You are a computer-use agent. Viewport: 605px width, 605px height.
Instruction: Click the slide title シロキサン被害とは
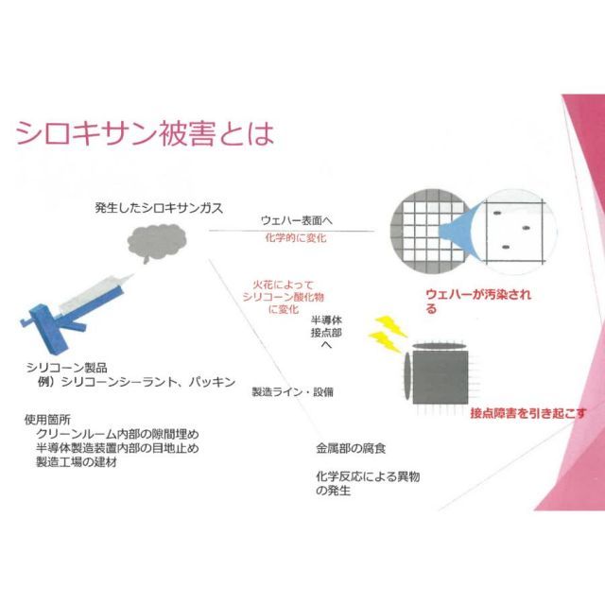pyautogui.click(x=145, y=134)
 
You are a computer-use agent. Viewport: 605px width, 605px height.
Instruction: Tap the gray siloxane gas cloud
pyautogui.click(x=157, y=243)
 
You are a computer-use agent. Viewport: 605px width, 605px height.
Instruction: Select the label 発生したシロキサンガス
pyautogui.click(x=159, y=208)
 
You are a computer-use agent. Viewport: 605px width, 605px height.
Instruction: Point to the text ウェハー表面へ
pyautogui.click(x=296, y=220)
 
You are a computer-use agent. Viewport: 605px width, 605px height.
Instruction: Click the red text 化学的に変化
pyautogui.click(x=296, y=237)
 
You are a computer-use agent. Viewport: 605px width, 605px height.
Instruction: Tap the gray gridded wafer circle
pyautogui.click(x=430, y=231)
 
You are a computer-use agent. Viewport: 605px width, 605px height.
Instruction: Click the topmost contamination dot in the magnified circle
pyautogui.click(x=497, y=213)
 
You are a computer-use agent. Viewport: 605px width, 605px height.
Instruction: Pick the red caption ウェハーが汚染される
pyautogui.click(x=478, y=301)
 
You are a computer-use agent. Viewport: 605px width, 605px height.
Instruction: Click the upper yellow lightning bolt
pyautogui.click(x=390, y=325)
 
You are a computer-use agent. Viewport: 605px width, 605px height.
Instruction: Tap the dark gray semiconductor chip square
pyautogui.click(x=441, y=377)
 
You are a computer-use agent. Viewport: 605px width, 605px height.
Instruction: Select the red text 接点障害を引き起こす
pyautogui.click(x=528, y=413)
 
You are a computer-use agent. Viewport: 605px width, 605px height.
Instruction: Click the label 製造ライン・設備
pyautogui.click(x=292, y=392)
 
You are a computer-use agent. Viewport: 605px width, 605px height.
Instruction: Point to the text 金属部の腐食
pyautogui.click(x=351, y=448)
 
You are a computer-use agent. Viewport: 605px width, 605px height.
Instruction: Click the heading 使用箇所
pyautogui.click(x=47, y=420)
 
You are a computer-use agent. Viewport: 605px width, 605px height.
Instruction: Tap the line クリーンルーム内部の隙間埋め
pyautogui.click(x=117, y=434)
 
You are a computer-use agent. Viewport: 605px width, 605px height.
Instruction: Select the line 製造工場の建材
pyautogui.click(x=77, y=462)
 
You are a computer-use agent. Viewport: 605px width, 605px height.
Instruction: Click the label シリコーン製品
pyautogui.click(x=67, y=368)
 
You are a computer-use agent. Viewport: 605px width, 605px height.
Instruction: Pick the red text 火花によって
pyautogui.click(x=284, y=285)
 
